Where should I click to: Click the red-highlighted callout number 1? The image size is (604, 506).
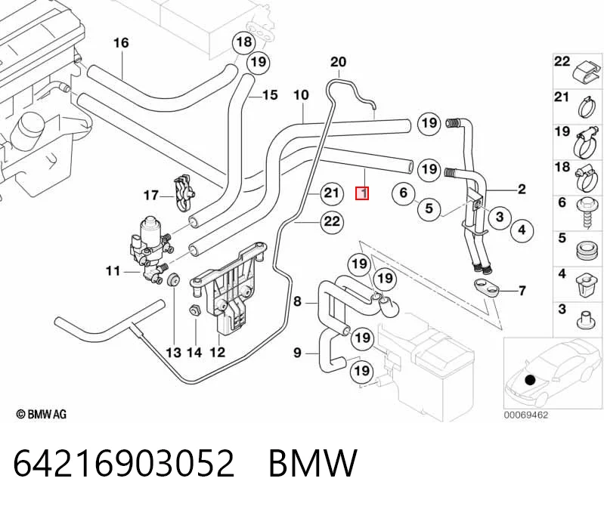pyautogui.click(x=362, y=193)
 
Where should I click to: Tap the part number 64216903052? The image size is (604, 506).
pyautogui.click(x=124, y=463)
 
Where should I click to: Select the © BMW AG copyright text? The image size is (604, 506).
pyautogui.click(x=42, y=414)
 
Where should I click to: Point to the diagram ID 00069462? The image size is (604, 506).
pyautogui.click(x=526, y=415)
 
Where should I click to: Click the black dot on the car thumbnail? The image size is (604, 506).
pyautogui.click(x=531, y=380)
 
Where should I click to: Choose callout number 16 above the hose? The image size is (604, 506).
pyautogui.click(x=122, y=43)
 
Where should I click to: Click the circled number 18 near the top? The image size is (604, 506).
pyautogui.click(x=244, y=42)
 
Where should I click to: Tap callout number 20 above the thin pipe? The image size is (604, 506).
pyautogui.click(x=338, y=62)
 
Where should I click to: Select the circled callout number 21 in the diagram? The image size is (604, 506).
pyautogui.click(x=331, y=193)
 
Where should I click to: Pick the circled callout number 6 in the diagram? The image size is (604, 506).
pyautogui.click(x=404, y=193)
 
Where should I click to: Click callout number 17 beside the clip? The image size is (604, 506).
pyautogui.click(x=151, y=196)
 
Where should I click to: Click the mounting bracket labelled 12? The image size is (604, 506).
pyautogui.click(x=227, y=288)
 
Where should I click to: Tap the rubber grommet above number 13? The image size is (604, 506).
pyautogui.click(x=173, y=279)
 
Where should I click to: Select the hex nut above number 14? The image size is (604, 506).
pyautogui.click(x=195, y=310)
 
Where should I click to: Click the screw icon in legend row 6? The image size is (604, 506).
pyautogui.click(x=586, y=214)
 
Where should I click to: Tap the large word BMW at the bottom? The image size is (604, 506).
pyautogui.click(x=313, y=463)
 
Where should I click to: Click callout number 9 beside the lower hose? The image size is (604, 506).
pyautogui.click(x=297, y=353)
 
